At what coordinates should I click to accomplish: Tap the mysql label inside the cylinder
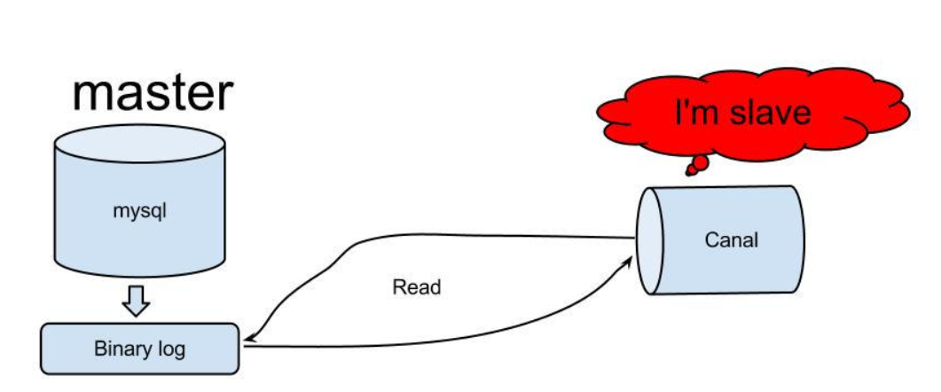coord(139,213)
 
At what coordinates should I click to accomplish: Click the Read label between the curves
coord(416,287)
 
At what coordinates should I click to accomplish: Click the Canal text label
coord(731,239)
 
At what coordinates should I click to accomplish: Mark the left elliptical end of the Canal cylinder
coord(649,239)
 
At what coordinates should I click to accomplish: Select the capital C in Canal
coord(710,239)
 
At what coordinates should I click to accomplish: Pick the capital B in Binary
coord(99,348)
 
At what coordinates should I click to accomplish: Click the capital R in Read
coord(397,287)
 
